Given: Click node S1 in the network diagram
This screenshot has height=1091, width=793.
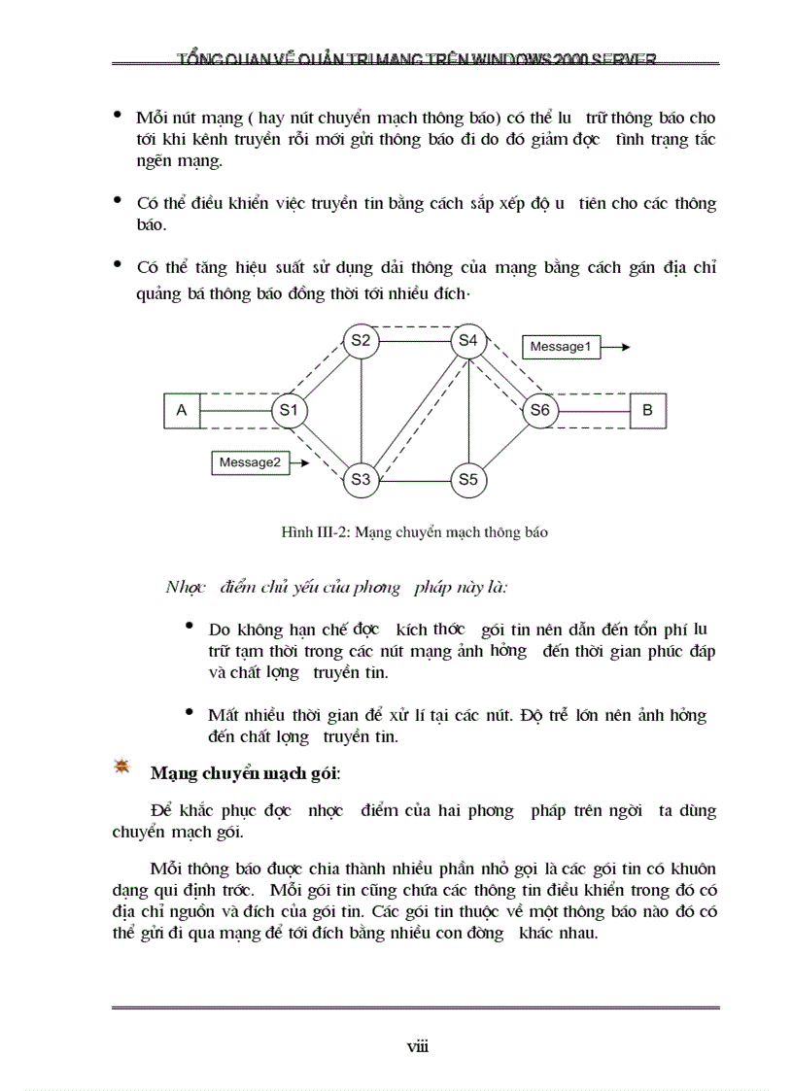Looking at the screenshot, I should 289,411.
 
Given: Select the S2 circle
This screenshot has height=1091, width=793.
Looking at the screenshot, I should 361,340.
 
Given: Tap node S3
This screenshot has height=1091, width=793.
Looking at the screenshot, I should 361,479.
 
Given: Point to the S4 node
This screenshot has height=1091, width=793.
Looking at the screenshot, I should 468,340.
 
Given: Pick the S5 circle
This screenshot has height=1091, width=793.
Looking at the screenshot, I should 468,479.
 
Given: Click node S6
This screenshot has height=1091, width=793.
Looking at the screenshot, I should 540,411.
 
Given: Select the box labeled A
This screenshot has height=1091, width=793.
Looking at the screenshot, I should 181,411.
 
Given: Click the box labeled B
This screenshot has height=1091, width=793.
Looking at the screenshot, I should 648,411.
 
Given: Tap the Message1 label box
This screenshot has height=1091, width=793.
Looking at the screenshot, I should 561,347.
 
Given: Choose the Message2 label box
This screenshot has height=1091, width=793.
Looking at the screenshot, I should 250,463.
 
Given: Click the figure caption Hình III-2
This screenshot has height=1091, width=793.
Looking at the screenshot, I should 414,532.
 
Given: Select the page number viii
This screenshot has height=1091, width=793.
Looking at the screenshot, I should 417,1046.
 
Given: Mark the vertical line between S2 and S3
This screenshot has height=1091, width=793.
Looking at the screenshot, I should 361,409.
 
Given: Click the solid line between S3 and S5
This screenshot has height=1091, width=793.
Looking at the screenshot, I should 414,479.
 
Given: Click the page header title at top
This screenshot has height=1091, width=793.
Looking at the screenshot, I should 416,59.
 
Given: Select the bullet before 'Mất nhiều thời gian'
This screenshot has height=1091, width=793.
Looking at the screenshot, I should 190,712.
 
